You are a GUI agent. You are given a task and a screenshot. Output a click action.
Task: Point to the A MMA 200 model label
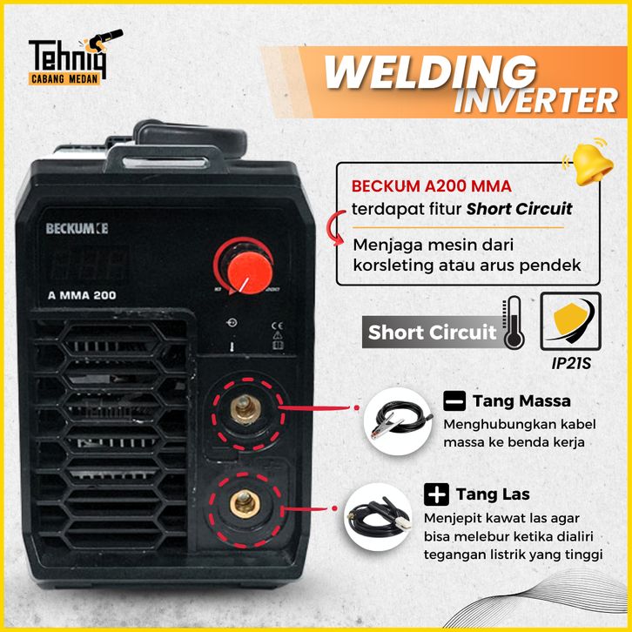(x=82, y=294)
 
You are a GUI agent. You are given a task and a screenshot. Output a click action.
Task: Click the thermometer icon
(x=514, y=322)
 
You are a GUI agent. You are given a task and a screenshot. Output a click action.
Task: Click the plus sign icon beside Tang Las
(x=436, y=494)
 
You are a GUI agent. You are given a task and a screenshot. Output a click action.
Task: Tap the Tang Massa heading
(x=521, y=401)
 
